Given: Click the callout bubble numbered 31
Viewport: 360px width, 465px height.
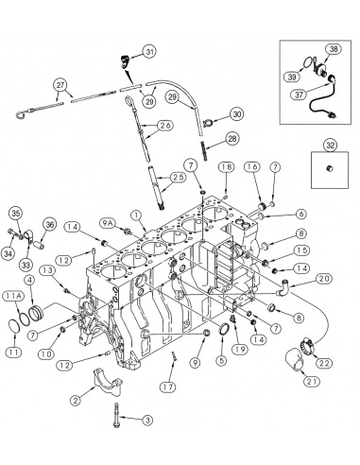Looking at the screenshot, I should pyautogui.click(x=148, y=51).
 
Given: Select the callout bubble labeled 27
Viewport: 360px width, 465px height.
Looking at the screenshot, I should pyautogui.click(x=61, y=85).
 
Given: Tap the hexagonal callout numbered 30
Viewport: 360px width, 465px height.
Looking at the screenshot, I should pyautogui.click(x=235, y=114).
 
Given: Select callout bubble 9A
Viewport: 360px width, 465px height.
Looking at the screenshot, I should pyautogui.click(x=133, y=222).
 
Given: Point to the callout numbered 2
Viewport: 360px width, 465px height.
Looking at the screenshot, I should pyautogui.click(x=76, y=400).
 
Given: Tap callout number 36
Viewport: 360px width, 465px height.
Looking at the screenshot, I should pyautogui.click(x=50, y=224).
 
